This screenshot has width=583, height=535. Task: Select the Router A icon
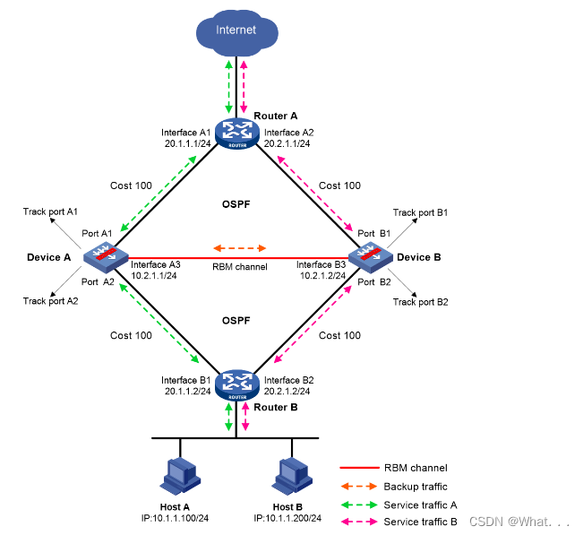236,134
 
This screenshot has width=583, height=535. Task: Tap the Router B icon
236,384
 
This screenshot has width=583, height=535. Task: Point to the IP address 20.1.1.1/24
185,143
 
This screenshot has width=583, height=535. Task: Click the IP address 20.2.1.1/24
287,143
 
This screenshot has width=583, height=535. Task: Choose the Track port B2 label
421,302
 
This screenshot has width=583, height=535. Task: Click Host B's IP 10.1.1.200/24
287,519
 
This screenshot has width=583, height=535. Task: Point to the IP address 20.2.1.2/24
287,392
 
